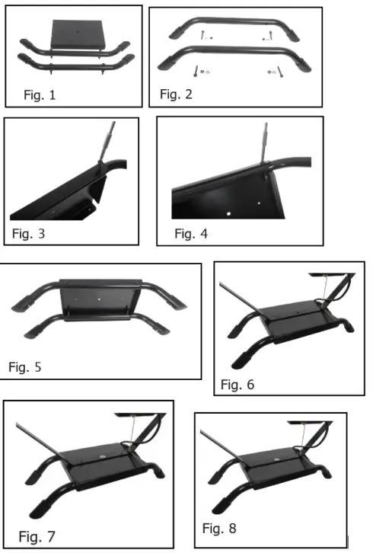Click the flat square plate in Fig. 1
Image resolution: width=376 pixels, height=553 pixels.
(78, 34)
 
